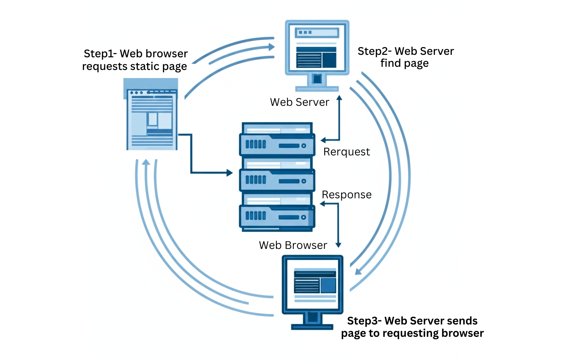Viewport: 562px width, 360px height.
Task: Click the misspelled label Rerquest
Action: coord(346,152)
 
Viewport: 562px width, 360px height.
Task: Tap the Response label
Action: coord(346,195)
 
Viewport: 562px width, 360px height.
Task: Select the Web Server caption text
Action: coord(300,102)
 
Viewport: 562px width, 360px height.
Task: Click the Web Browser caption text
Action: coord(293,245)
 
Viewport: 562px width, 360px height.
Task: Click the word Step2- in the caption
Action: coord(374,51)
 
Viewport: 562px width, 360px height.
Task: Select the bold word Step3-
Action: coord(364,321)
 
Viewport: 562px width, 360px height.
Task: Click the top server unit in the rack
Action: coord(277,144)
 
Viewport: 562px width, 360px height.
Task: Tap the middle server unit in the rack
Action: coord(277,180)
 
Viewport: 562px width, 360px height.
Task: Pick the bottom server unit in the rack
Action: coord(277,216)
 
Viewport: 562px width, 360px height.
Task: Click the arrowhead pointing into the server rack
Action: coord(230,173)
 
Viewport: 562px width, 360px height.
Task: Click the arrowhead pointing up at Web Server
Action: coord(339,98)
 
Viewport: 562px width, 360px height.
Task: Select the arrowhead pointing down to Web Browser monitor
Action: coord(338,245)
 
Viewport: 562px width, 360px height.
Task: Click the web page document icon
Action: coord(151,116)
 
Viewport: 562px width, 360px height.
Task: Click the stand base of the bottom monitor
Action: coord(312,327)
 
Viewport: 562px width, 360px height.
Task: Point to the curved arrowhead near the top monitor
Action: coord(272,47)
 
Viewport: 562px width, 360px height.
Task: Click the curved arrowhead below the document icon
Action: coord(146,162)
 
